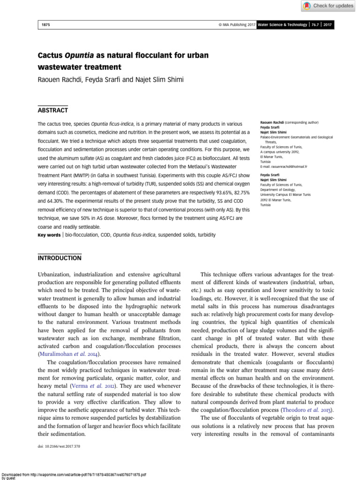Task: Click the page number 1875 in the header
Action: [x=45, y=24]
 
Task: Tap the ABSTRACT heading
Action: [x=53, y=110]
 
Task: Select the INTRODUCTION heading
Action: [x=59, y=258]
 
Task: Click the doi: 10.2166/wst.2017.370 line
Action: [x=59, y=446]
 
